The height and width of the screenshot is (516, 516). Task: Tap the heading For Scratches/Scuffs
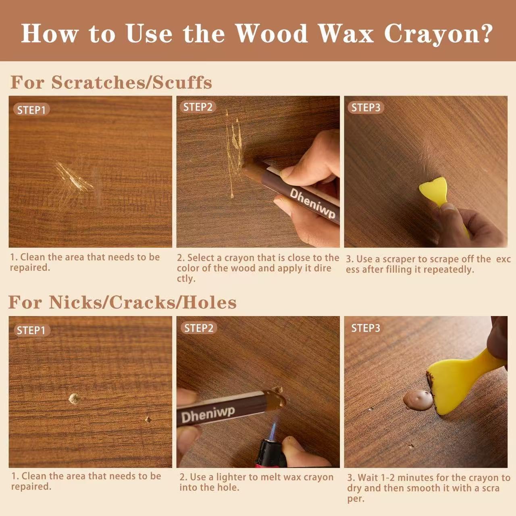(x=111, y=82)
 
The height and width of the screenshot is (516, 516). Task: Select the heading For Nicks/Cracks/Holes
(x=122, y=302)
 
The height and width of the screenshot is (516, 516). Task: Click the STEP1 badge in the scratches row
(x=31, y=110)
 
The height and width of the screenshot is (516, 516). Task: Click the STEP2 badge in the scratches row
(x=198, y=107)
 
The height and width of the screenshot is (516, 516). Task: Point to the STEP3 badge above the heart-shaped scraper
(x=366, y=108)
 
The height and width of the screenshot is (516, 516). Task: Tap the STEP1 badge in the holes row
(x=31, y=331)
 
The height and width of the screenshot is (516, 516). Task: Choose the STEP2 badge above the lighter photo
(x=199, y=328)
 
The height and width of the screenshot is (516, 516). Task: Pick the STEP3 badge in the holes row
(x=366, y=328)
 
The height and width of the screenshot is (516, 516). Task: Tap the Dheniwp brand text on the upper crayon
(x=312, y=204)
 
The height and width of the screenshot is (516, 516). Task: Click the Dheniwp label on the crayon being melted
(x=208, y=414)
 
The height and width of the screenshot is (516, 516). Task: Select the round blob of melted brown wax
(x=417, y=399)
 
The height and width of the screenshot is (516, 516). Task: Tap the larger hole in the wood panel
(x=74, y=399)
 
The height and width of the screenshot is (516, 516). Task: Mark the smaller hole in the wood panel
(x=148, y=420)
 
